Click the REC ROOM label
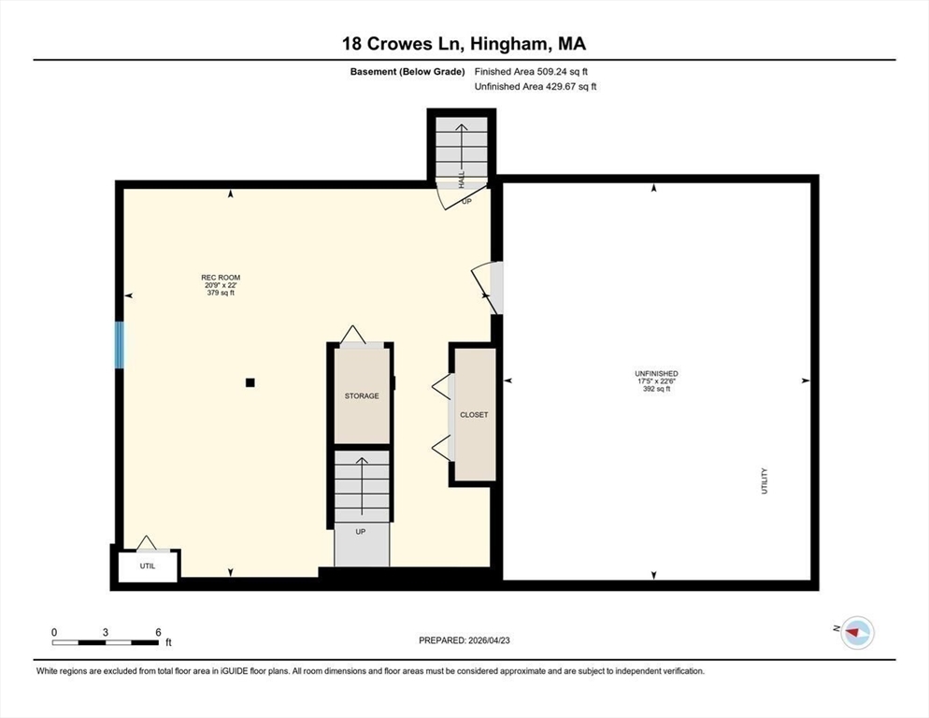[x=221, y=278]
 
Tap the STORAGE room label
[x=362, y=396]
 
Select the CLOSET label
[x=474, y=415]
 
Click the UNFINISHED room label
[x=656, y=374]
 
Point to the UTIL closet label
[x=148, y=567]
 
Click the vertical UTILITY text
[x=765, y=481]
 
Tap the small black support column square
[x=250, y=383]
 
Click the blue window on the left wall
[x=119, y=344]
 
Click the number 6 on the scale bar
[x=158, y=632]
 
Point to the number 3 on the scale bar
[x=106, y=632]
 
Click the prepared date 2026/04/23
[x=489, y=640]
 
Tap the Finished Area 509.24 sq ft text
[x=531, y=72]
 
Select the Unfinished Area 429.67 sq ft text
[x=536, y=87]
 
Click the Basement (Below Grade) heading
[x=407, y=72]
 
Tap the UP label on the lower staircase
[x=360, y=532]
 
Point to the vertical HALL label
[x=462, y=179]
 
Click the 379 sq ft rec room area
[x=221, y=293]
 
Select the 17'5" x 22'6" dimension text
[x=656, y=381]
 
